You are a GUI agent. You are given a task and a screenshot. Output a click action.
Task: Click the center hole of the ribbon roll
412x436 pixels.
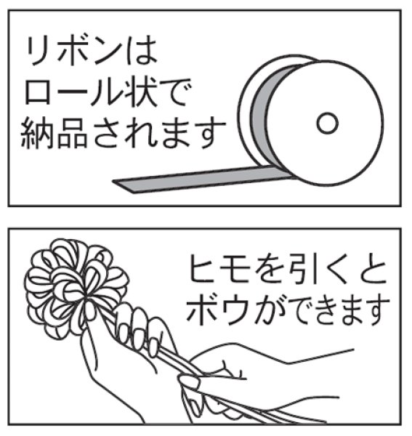[x=328, y=121]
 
